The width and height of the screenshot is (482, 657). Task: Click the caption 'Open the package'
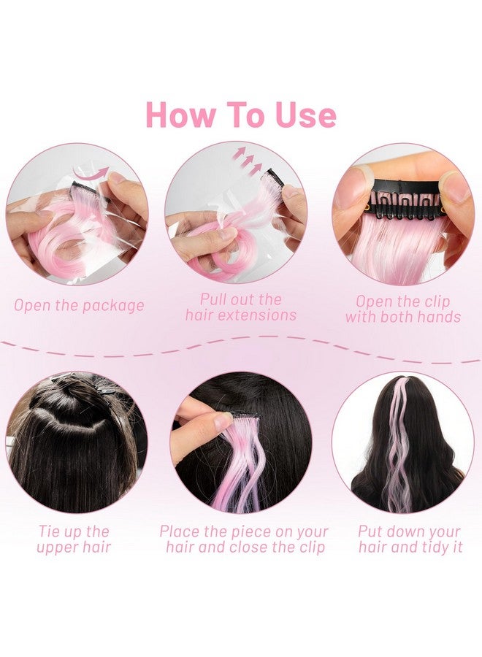79,305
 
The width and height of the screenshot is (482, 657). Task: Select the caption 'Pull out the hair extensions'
241,307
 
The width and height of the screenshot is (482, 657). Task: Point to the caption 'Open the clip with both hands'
403,309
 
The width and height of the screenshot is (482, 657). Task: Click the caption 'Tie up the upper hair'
74,539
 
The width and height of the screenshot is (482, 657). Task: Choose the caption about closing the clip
244,539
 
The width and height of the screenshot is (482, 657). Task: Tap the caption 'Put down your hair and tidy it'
410,539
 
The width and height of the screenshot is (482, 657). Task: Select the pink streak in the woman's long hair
399,445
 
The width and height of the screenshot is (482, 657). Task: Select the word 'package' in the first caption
112,305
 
